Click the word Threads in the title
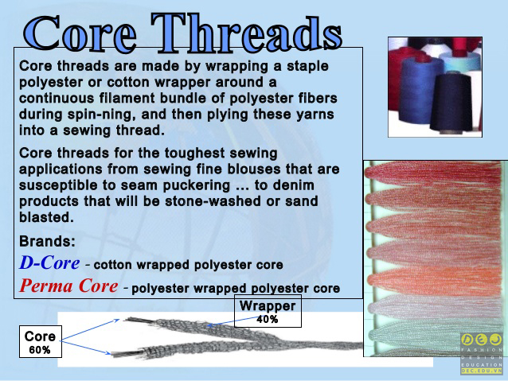pos(247,34)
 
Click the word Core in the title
pos(80,34)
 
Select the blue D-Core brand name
pos(49,262)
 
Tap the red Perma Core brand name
pos(68,286)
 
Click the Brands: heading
pos(47,242)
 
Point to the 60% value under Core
pos(40,350)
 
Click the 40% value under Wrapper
pos(268,320)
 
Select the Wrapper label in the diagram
pos(268,306)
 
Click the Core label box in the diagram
pos(41,341)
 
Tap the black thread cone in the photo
pos(451,103)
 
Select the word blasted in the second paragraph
pos(46,217)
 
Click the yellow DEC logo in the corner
pos(482,340)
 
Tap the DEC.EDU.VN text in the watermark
pos(482,371)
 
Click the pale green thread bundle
pos(434,336)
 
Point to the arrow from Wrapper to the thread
pos(233,321)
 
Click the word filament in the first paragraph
pos(127,98)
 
